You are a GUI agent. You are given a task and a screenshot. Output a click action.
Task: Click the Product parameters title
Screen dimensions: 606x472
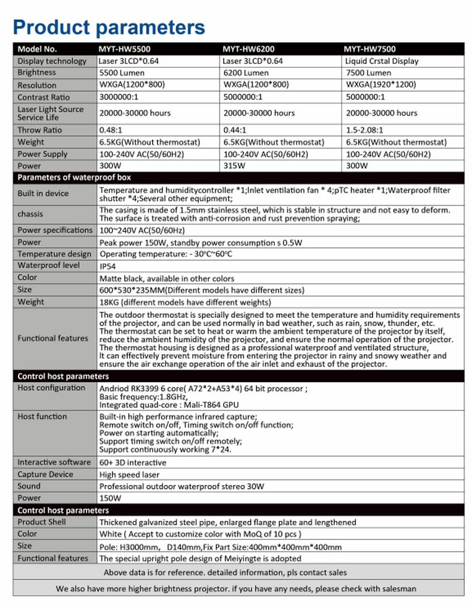(x=109, y=27)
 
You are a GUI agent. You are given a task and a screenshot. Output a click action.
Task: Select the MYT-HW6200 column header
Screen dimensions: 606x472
(x=248, y=49)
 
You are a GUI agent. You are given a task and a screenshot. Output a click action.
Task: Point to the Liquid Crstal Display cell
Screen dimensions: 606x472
(x=382, y=61)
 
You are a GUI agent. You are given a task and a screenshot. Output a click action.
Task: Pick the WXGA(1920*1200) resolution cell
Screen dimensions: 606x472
(x=381, y=85)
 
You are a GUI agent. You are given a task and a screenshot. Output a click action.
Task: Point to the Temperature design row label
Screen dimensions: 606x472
(x=54, y=254)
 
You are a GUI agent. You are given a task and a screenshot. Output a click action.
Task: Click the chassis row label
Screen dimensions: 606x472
(x=30, y=214)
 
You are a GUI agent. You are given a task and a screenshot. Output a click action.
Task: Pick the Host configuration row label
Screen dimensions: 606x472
(x=51, y=388)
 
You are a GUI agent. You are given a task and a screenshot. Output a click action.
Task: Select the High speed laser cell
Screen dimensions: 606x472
(x=129, y=475)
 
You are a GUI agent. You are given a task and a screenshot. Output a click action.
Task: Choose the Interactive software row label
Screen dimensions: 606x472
(x=54, y=462)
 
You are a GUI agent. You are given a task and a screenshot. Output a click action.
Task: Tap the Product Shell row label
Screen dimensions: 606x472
(x=41, y=522)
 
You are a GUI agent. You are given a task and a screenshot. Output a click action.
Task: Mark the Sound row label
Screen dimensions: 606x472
(x=29, y=486)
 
